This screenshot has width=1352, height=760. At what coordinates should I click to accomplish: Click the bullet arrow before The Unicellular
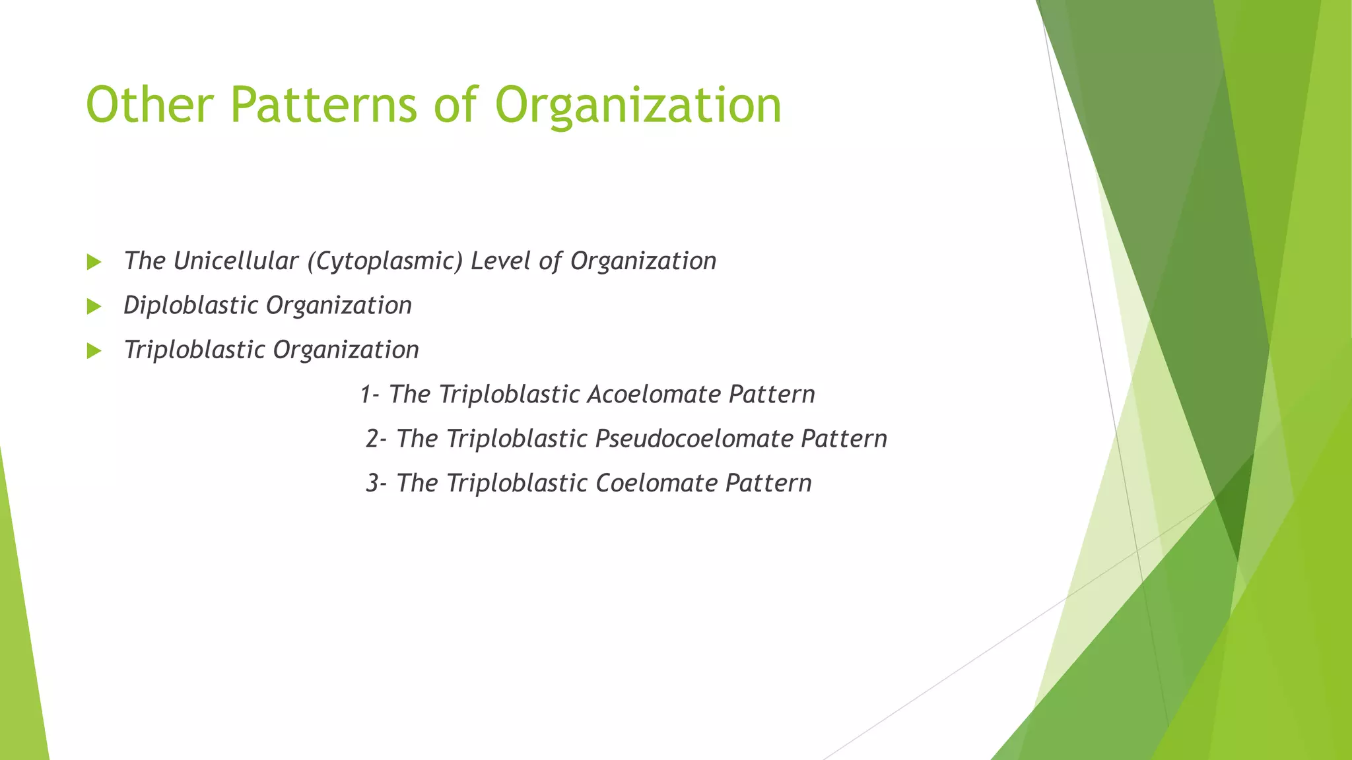tap(94, 263)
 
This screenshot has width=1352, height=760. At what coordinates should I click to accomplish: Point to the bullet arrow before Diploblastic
tap(94, 307)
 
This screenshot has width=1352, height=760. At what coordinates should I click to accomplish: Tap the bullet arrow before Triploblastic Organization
tap(94, 351)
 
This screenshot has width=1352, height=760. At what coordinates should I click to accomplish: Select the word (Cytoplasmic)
tap(384, 262)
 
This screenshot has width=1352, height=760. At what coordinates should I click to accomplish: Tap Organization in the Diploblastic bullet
tap(339, 306)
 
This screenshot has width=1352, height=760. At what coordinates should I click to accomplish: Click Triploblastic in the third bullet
tap(194, 350)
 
